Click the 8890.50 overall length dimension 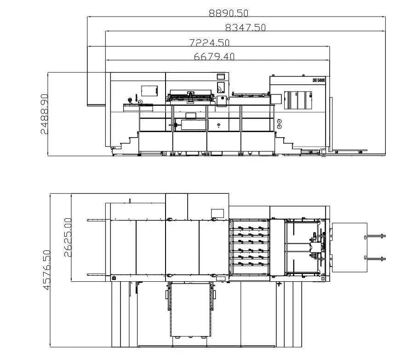point(229,13)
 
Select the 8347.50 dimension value point(246,27)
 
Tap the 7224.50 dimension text point(209,43)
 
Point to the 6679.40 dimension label point(214,57)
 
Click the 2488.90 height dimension point(45,114)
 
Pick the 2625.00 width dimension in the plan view point(68,238)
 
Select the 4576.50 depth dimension point(46,270)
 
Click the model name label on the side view point(319,80)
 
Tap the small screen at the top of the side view point(221,76)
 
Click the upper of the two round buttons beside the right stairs point(280,122)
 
